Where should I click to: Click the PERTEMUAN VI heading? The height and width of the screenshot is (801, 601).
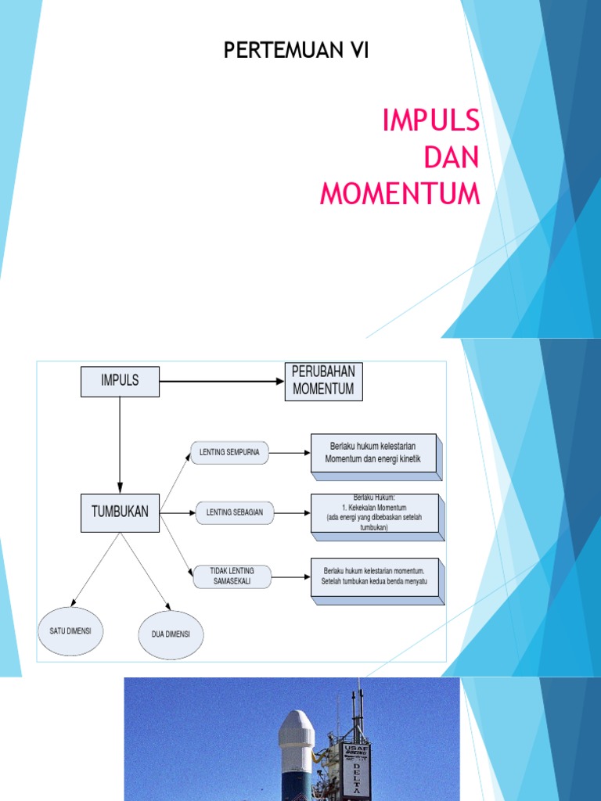tap(296, 52)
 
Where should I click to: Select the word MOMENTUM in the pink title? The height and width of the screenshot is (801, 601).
tap(400, 193)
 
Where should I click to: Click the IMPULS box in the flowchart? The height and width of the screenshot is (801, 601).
tap(120, 381)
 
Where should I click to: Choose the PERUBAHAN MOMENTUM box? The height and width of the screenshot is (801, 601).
tap(323, 381)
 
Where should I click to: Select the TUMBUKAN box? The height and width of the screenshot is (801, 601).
tap(120, 513)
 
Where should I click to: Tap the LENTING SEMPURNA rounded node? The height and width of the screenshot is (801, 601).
tap(229, 452)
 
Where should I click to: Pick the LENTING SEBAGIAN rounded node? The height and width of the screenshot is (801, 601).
tap(235, 513)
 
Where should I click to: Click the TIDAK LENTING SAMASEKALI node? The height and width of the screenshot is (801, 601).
tap(232, 577)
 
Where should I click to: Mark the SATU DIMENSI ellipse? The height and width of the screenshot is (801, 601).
tap(70, 630)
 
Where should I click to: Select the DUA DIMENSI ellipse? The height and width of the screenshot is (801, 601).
tap(171, 634)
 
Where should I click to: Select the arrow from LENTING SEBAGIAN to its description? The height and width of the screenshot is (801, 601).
tap(291, 513)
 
